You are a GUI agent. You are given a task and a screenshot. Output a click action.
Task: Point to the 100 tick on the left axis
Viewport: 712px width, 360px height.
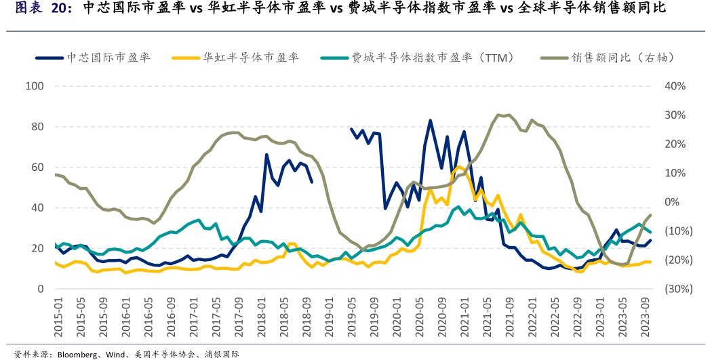[x=35, y=86]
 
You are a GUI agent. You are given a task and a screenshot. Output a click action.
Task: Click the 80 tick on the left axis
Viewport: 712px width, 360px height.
[x=37, y=127]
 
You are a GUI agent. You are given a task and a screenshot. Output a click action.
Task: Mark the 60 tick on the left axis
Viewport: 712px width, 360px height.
[x=37, y=167]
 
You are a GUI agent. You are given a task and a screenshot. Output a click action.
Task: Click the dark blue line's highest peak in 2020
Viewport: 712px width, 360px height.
[x=430, y=121]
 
